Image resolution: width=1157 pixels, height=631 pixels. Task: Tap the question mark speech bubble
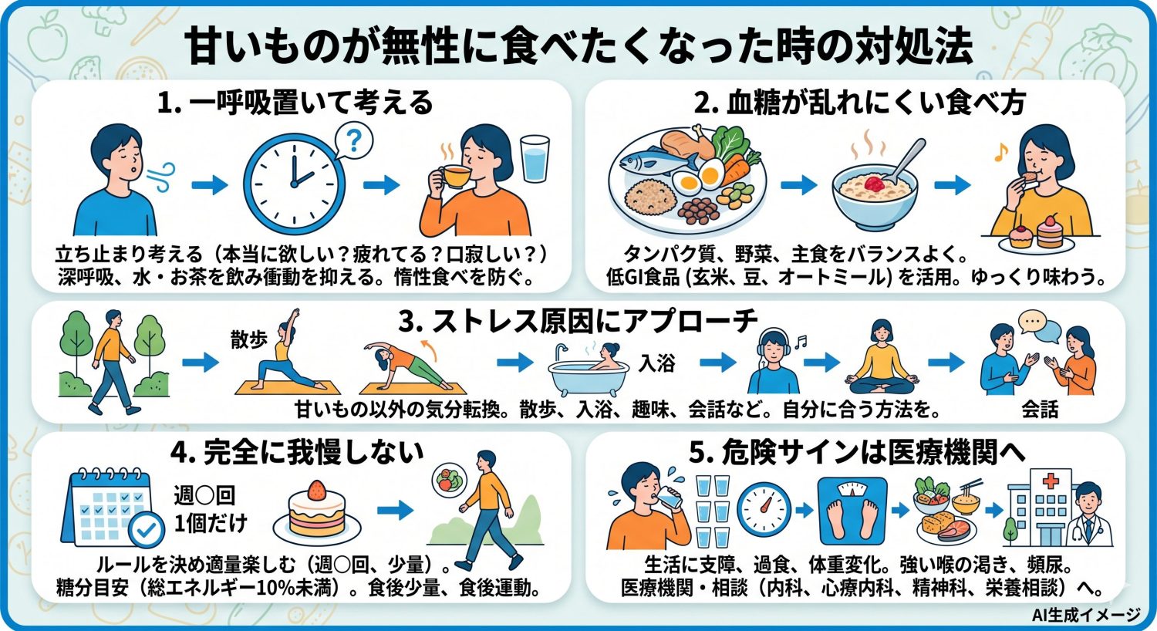pos(352,141)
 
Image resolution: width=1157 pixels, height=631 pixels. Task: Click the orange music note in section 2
pos(1000,154)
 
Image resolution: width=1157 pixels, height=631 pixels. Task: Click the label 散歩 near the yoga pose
pos(248,339)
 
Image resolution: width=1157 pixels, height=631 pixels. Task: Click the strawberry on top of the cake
pos(316,490)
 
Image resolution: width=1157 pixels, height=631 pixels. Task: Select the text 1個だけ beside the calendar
pos(210,523)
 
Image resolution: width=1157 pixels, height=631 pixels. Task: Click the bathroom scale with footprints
pos(851,509)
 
